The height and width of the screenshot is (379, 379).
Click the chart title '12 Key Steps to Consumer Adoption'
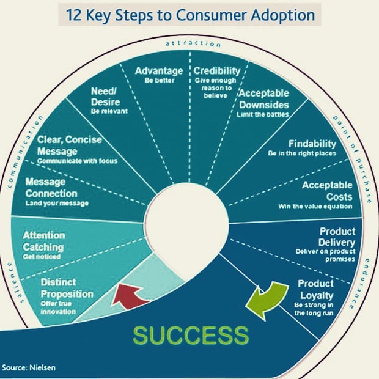point(189,15)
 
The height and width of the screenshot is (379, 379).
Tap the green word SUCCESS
point(191,336)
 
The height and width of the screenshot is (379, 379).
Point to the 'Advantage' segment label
point(158,71)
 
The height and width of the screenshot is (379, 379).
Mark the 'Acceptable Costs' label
point(327,191)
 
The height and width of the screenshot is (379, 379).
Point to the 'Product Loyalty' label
point(315,289)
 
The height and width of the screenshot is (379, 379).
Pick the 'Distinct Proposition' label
point(67,289)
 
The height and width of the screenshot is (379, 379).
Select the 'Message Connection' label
point(51,188)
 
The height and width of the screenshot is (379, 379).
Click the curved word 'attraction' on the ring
point(192,44)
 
